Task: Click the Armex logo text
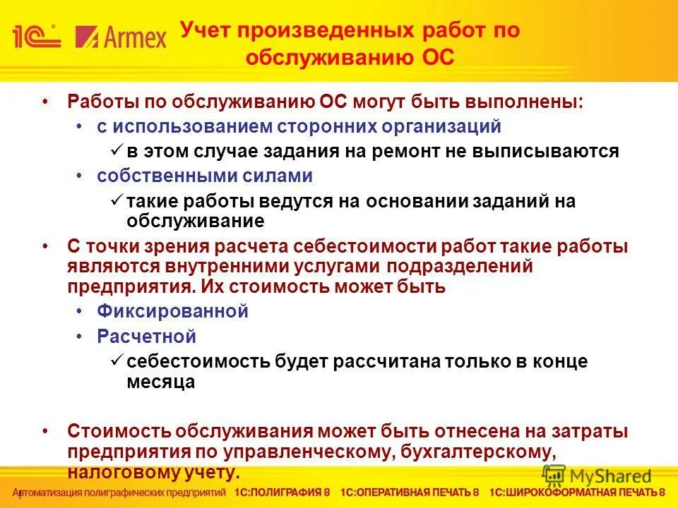(x=121, y=36)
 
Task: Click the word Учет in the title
(x=206, y=31)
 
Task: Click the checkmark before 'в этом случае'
(x=117, y=151)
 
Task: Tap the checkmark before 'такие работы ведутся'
(x=117, y=201)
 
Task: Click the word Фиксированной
(x=172, y=311)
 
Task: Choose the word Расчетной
(x=146, y=337)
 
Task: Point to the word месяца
(x=160, y=382)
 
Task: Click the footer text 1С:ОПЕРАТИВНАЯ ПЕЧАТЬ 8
(x=410, y=492)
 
